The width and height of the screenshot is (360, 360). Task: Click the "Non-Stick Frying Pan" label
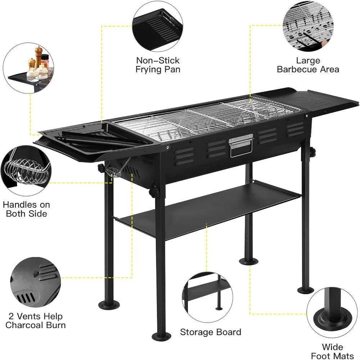(x=158, y=65)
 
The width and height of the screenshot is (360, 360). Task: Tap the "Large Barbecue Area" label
(x=308, y=65)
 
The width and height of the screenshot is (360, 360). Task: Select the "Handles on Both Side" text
(x=26, y=209)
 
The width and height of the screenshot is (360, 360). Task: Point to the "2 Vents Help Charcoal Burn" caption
(x=35, y=321)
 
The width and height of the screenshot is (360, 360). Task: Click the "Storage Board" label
(x=211, y=332)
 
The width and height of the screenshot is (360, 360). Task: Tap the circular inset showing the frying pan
(x=158, y=25)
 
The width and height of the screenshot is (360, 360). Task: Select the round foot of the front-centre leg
(x=160, y=337)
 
